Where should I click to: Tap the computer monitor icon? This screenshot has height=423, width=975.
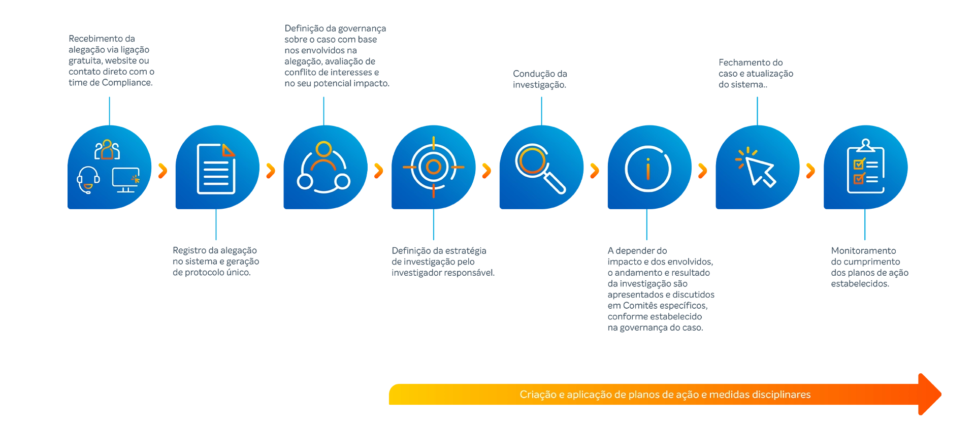126,180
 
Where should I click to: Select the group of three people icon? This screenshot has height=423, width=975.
107,150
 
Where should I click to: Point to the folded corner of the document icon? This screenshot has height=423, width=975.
229,150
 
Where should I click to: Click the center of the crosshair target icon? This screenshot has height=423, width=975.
433,167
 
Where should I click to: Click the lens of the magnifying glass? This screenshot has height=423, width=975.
531,160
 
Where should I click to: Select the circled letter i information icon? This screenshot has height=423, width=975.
648,169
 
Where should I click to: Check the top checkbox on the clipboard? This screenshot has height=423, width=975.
859,164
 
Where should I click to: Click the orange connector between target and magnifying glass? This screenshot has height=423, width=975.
487,171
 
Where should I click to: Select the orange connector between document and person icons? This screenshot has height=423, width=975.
272,171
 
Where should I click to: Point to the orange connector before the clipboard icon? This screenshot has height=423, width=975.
812,171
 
